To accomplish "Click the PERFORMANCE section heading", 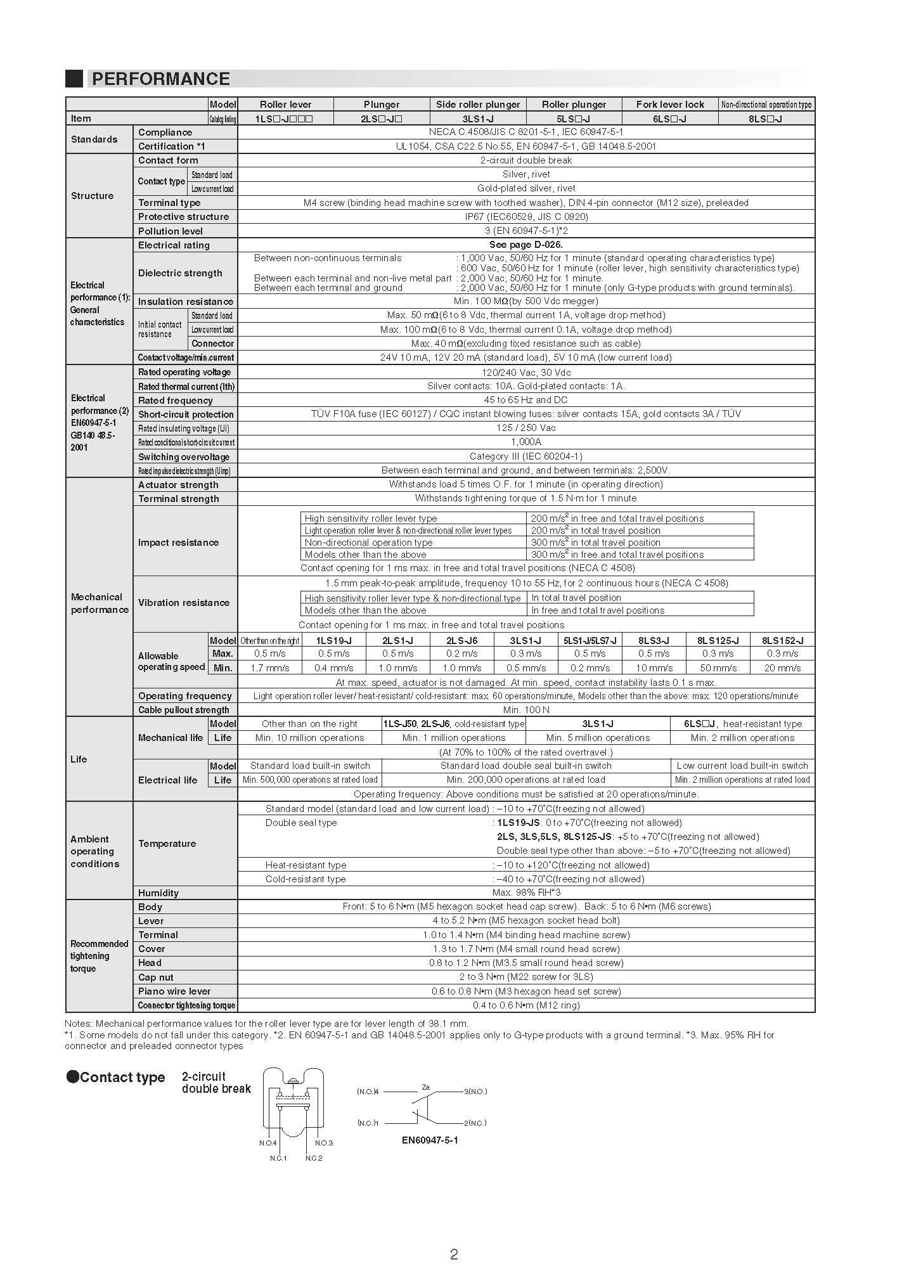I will [x=160, y=79].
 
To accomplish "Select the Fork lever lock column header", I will [x=670, y=105].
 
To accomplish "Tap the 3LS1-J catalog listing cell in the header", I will [x=478, y=119].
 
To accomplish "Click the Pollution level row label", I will [x=171, y=231].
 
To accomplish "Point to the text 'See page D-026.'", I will [x=525, y=245].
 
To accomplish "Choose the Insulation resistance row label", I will [x=185, y=302].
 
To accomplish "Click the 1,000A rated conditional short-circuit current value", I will [x=525, y=442].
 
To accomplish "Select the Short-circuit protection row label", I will [x=186, y=415].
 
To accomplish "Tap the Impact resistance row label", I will [x=178, y=543].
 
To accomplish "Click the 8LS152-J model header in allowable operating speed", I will [x=782, y=641].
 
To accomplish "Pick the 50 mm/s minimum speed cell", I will [x=718, y=668].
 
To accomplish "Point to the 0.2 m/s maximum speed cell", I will [x=461, y=654].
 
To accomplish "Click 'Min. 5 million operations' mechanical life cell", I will [x=598, y=738].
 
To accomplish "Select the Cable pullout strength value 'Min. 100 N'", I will [x=525, y=710].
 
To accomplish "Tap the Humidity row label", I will [x=158, y=893].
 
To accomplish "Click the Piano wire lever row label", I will [x=174, y=991].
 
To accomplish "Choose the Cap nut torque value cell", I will [x=525, y=977].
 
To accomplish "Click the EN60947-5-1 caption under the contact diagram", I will [x=430, y=1140].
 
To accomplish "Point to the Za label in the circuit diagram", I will [x=425, y=1088].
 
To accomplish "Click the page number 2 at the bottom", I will [x=454, y=1254].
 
